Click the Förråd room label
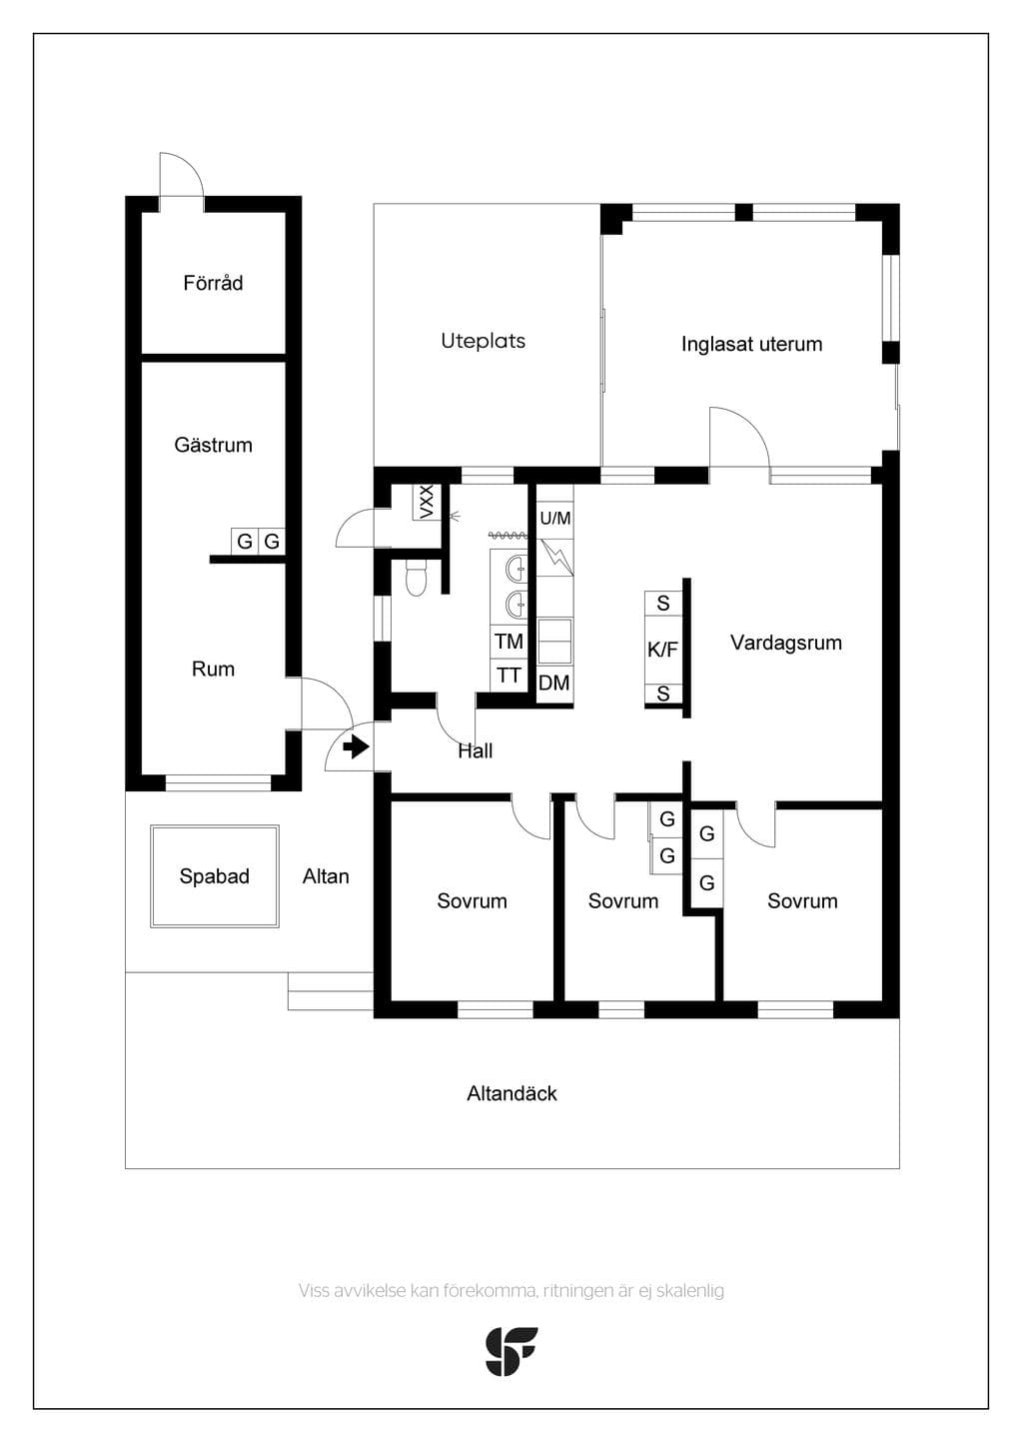tap(213, 283)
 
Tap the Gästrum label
tap(213, 445)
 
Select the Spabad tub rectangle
tap(215, 876)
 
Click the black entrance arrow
tap(356, 748)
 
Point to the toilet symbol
tap(416, 577)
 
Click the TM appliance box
tap(509, 642)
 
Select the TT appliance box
tap(509, 676)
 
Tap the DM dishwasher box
tap(554, 683)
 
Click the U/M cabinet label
tap(555, 518)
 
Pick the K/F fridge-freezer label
tap(662, 650)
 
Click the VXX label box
tap(427, 502)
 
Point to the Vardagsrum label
tap(786, 643)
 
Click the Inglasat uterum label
tap(751, 345)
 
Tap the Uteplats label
tap(484, 341)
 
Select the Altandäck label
tap(511, 1093)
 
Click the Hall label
tap(476, 750)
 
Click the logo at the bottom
tap(511, 1351)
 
